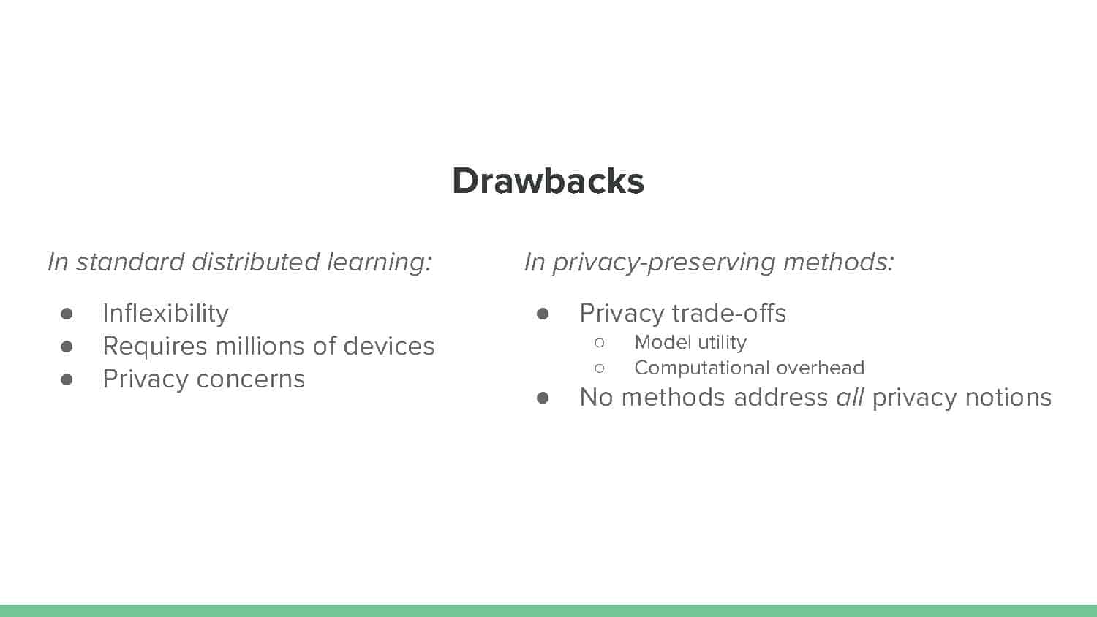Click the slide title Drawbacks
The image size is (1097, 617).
point(548,181)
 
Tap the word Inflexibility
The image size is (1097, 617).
point(165,314)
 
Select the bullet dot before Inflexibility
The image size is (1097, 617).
point(67,314)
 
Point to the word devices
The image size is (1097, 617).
point(389,346)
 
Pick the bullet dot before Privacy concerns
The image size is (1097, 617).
point(67,379)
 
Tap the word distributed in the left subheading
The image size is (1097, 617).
point(256,262)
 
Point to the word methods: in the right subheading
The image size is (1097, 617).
point(838,262)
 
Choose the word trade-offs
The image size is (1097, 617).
point(728,314)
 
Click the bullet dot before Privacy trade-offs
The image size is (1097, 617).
point(543,314)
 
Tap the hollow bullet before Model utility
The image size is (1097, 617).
point(600,343)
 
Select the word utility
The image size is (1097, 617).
point(723,343)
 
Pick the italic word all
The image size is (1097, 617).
point(850,397)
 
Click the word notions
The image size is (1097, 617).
point(1009,397)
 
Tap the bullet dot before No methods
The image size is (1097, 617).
point(543,398)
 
